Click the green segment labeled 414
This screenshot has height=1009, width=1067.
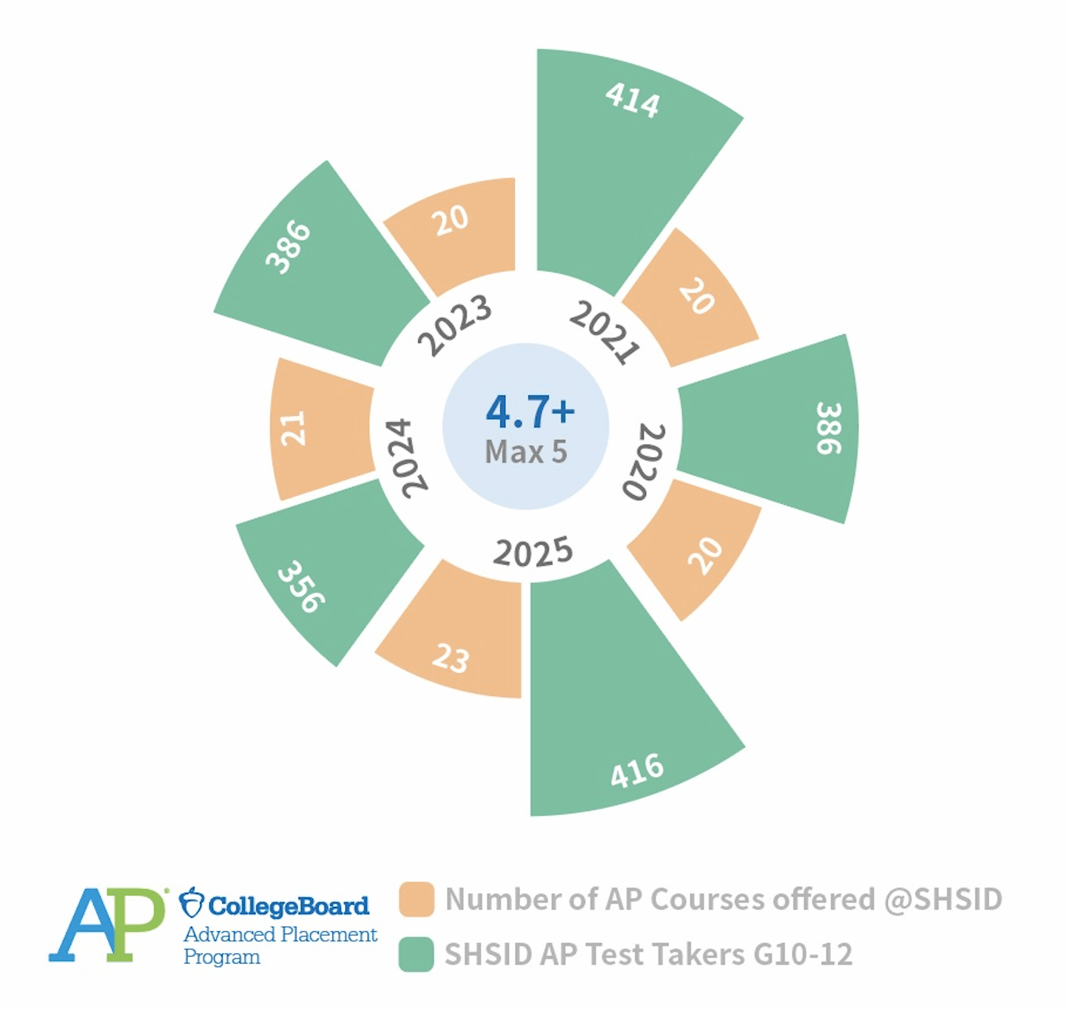(x=622, y=163)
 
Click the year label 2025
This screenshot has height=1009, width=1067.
(x=533, y=552)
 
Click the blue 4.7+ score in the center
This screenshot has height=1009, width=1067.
(x=530, y=411)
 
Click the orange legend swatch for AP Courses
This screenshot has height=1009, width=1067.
(x=416, y=900)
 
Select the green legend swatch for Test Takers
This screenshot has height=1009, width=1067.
(x=416, y=954)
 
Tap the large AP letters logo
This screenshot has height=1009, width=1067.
(x=107, y=925)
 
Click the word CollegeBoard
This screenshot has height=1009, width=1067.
(x=289, y=905)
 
